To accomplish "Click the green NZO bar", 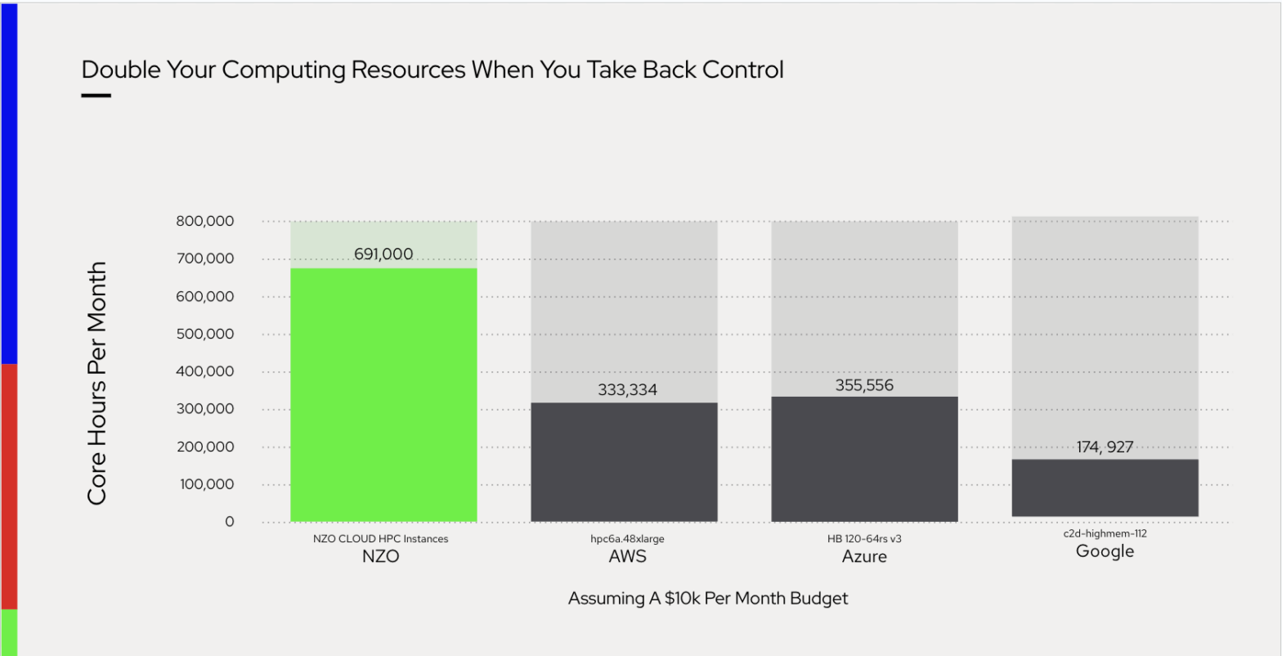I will pos(383,394).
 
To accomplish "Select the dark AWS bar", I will pos(624,461).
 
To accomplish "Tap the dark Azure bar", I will pos(864,459).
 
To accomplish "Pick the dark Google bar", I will pos(1105,488).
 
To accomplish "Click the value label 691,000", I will pos(383,254).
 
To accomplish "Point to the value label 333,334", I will pos(627,390).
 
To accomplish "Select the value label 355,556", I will pos(864,385).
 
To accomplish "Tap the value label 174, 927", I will pos(1105,447).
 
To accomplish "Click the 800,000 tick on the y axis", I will pos(204,221).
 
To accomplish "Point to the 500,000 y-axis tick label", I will pos(204,334).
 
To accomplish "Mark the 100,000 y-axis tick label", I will pos(204,484).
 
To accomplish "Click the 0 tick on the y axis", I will pos(229,522).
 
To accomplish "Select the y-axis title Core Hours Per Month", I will pos(97,384).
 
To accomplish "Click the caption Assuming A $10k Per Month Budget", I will pos(708,599).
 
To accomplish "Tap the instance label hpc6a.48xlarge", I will pos(627,539).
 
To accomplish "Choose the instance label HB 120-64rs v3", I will pos(864,539).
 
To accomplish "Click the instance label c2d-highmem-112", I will pos(1105,533).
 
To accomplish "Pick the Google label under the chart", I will pos(1105,551).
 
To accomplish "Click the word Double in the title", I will pos(121,70).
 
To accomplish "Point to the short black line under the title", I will pos(96,96).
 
